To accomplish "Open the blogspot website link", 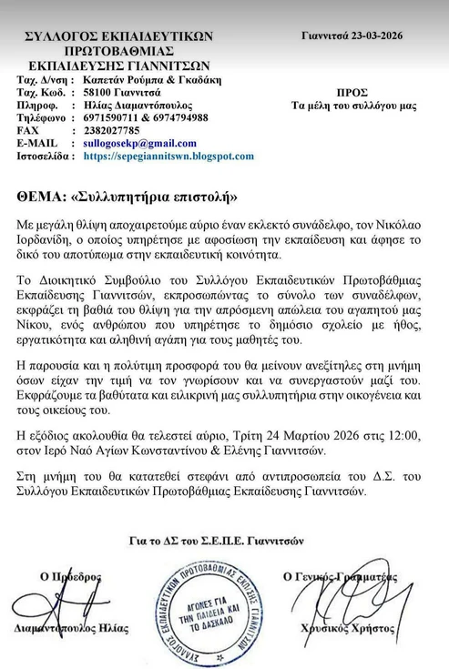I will [168, 157].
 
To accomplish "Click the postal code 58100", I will [96, 93].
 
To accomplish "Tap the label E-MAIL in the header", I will [37, 144].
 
